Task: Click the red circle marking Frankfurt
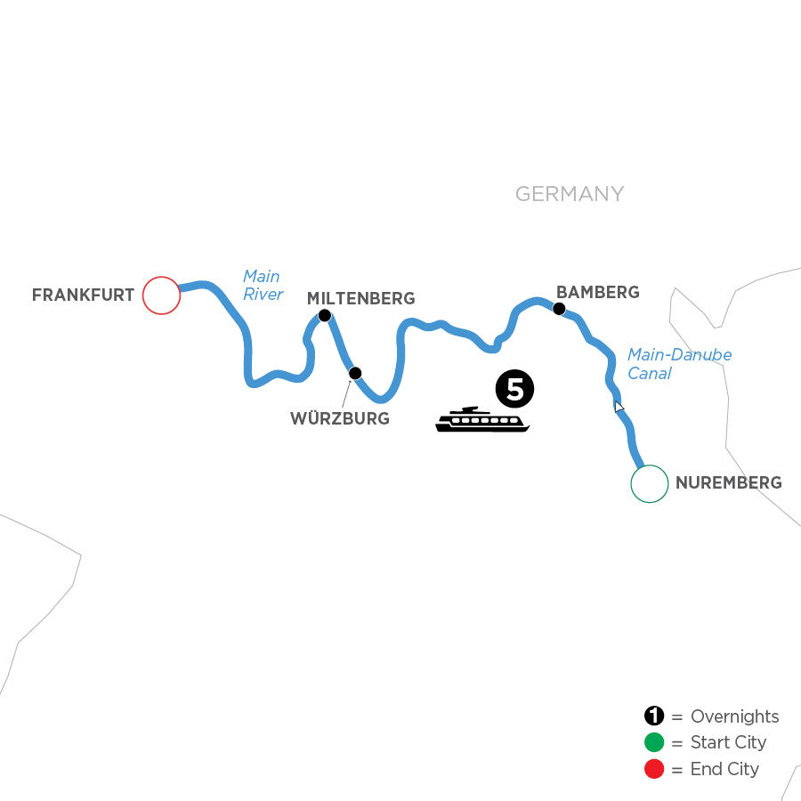tap(161, 295)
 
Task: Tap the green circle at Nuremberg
tap(649, 484)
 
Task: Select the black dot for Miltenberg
tap(325, 315)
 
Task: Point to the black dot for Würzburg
tap(355, 372)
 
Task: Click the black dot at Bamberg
tap(559, 309)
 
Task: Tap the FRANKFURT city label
tap(83, 295)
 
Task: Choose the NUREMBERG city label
tap(729, 484)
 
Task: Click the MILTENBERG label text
tap(360, 297)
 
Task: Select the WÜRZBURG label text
tap(340, 418)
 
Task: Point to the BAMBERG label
tap(597, 292)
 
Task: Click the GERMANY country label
tap(570, 194)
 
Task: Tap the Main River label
tap(263, 286)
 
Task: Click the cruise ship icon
tap(482, 420)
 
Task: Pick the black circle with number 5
tap(515, 389)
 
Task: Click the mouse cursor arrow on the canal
tap(619, 407)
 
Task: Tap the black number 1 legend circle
tap(654, 716)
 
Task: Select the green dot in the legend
tap(654, 743)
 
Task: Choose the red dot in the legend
tap(654, 769)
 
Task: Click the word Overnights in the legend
tap(734, 716)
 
